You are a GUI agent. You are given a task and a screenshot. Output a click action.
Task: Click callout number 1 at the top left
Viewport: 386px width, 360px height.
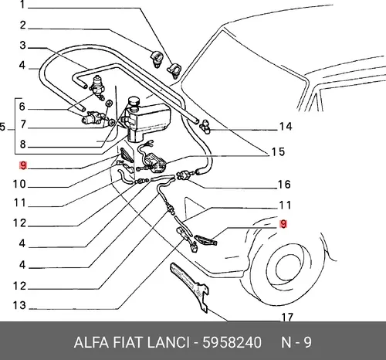22,4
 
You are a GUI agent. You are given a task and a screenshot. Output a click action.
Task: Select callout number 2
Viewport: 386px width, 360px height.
23,25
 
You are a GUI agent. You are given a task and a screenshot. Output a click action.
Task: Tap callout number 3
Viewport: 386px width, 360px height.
23,46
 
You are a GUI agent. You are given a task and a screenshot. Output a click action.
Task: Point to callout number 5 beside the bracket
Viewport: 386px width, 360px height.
2,127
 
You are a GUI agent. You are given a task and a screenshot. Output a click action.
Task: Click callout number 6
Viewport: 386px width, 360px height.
22,107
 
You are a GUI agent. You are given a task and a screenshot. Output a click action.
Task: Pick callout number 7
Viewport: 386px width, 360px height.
23,124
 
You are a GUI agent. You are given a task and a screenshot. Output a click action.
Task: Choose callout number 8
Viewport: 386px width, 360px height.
23,144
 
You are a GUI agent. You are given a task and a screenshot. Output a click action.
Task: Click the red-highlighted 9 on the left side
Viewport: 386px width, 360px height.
23,165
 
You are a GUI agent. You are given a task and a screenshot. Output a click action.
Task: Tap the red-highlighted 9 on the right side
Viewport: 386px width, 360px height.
283,224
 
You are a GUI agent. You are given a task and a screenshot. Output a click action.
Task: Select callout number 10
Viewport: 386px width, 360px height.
19,184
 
